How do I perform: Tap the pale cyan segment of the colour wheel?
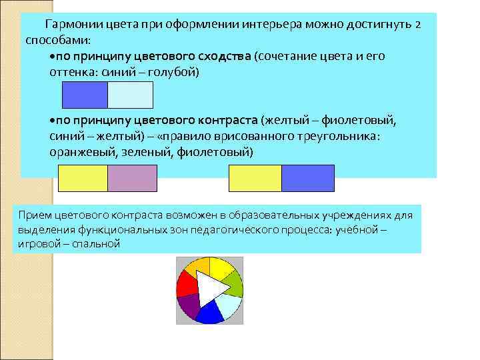click(229, 305)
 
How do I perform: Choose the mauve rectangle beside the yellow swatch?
click(132, 179)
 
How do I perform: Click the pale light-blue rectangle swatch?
click(130, 95)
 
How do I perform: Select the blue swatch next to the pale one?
click(85, 95)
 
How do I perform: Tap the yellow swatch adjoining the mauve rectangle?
click(83, 179)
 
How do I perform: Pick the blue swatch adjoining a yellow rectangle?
click(307, 179)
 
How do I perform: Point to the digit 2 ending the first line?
click(417, 25)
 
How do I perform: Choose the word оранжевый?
click(80, 152)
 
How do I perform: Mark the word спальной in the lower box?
click(99, 244)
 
